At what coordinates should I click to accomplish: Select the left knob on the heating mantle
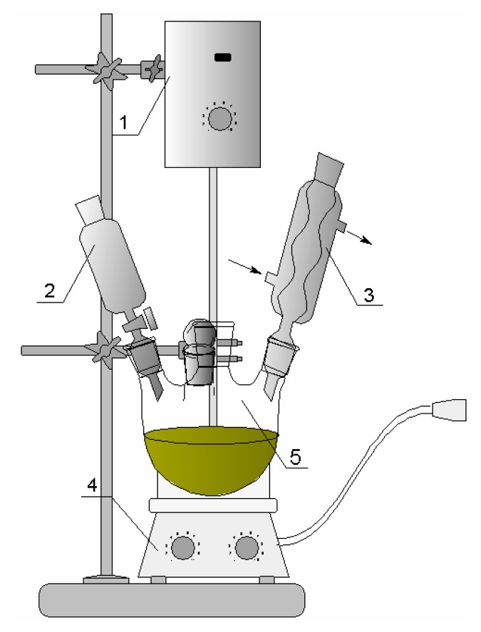click(x=182, y=547)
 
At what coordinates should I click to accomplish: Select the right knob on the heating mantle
click(x=247, y=547)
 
